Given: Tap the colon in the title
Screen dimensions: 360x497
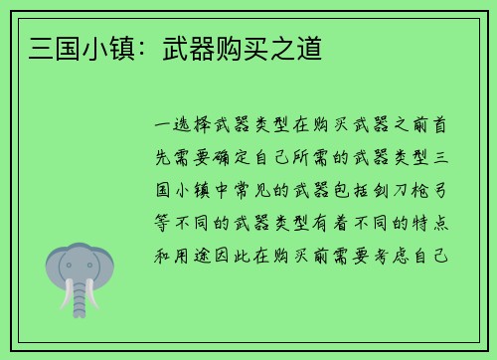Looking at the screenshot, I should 139,46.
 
